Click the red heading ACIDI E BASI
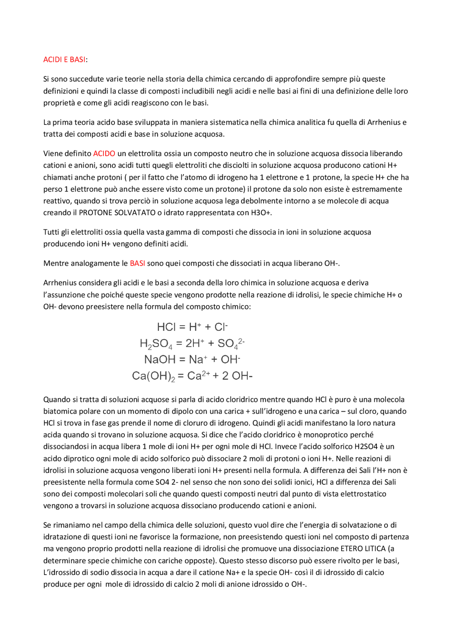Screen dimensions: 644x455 click(x=64, y=60)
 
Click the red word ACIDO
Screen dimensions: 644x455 click(x=104, y=154)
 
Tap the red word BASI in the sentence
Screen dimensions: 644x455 click(x=137, y=264)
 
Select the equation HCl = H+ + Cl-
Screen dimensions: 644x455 click(x=192, y=327)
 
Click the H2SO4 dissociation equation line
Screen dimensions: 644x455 click(x=192, y=344)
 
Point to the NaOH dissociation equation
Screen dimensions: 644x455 click(x=192, y=360)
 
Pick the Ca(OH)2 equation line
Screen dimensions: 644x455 click(x=192, y=376)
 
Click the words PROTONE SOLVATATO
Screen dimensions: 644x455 click(x=117, y=213)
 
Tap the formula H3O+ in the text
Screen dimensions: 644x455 click(x=261, y=213)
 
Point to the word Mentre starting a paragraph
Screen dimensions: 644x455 click(x=56, y=264)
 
